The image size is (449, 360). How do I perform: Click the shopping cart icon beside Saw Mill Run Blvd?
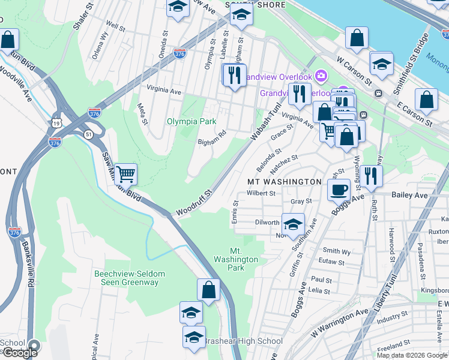125,174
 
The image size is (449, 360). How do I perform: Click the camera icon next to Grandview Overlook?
321,75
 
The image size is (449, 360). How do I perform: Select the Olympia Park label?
191,121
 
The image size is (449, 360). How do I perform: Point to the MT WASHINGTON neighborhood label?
285,181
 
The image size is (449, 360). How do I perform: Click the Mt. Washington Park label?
244,259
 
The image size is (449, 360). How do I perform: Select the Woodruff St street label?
194,204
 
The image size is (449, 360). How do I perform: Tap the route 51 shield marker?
88,134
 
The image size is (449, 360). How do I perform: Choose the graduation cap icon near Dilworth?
292,224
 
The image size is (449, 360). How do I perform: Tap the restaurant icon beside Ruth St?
372,175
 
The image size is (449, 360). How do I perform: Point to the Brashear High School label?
243,341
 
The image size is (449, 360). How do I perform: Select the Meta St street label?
142,114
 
